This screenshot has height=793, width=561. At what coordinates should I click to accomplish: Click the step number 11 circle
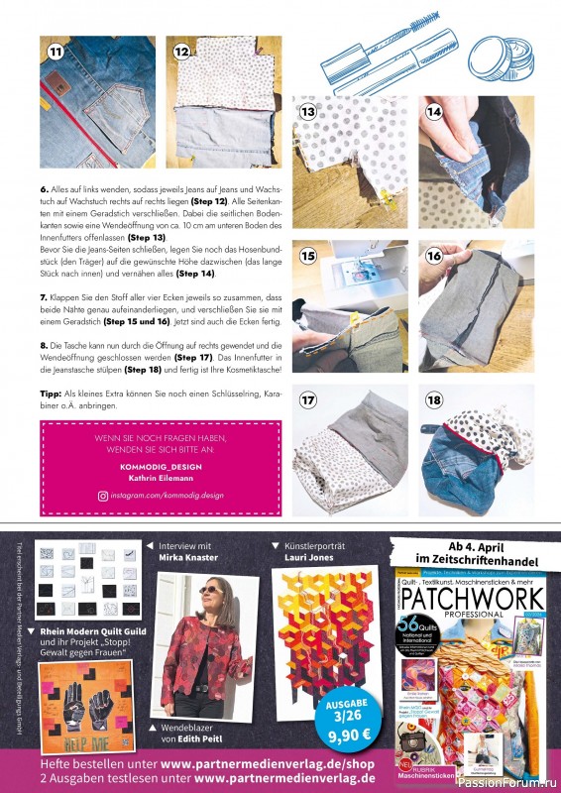(56, 51)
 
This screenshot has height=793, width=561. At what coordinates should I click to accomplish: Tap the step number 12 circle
(181, 51)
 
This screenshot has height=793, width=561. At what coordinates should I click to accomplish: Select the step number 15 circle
(308, 256)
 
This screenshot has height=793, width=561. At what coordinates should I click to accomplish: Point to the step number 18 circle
(434, 400)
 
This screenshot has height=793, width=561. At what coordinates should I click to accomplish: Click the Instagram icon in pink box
(101, 495)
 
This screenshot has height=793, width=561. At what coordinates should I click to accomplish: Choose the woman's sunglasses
(211, 589)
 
